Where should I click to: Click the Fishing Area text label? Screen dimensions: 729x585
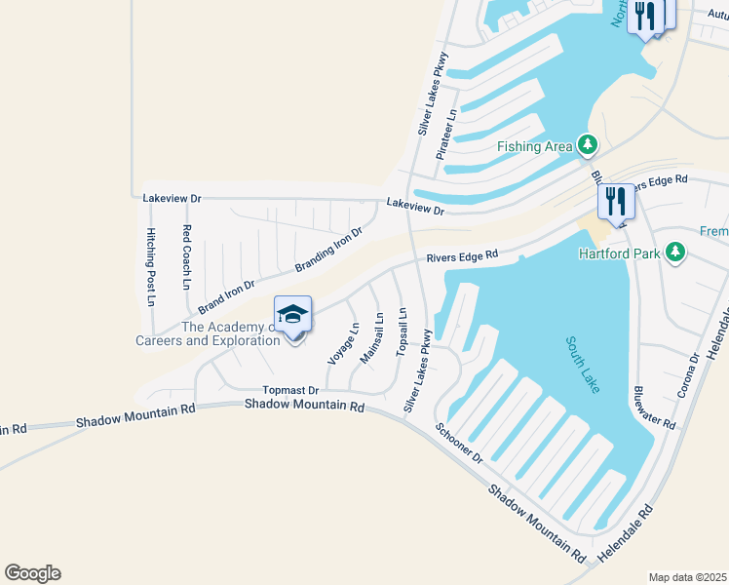(x=535, y=146)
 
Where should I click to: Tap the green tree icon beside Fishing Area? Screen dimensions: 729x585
(x=587, y=145)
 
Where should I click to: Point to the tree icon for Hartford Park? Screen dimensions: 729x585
(x=673, y=253)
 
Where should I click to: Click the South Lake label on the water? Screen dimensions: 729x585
(x=584, y=366)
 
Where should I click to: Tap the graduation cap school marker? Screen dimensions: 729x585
(x=292, y=314)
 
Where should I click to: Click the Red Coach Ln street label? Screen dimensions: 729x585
(x=186, y=257)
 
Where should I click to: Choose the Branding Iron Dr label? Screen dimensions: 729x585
(x=328, y=250)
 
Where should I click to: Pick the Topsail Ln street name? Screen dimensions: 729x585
(x=402, y=331)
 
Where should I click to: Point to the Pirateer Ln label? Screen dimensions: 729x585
(x=445, y=135)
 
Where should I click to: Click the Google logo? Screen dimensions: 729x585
(x=32, y=573)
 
